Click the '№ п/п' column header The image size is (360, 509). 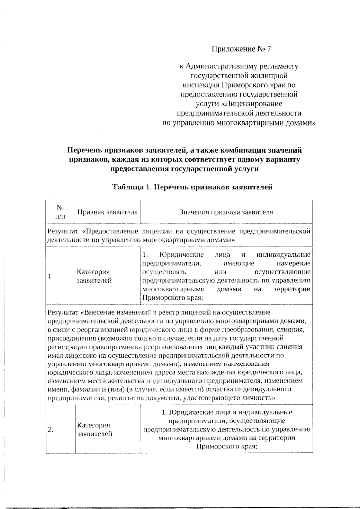[x=60, y=212]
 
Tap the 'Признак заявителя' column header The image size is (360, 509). [x=107, y=212]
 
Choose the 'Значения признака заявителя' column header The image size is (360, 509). [x=226, y=212]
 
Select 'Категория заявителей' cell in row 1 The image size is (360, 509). [x=94, y=276]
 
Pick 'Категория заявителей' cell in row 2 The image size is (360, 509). [x=94, y=429]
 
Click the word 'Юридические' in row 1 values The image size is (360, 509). [x=181, y=255]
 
